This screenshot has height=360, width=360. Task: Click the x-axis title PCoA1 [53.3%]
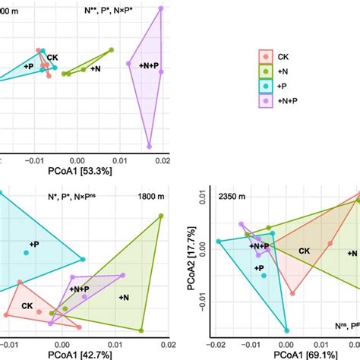tap(81, 172)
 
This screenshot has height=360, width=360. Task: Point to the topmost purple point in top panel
tap(160, 8)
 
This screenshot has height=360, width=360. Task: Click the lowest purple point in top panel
tap(150, 145)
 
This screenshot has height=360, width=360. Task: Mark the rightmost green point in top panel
tap(112, 50)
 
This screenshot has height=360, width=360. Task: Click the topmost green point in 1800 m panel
tap(161, 216)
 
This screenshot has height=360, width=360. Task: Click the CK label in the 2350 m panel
tap(303, 251)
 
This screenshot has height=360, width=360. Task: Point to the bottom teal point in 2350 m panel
tap(286, 330)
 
